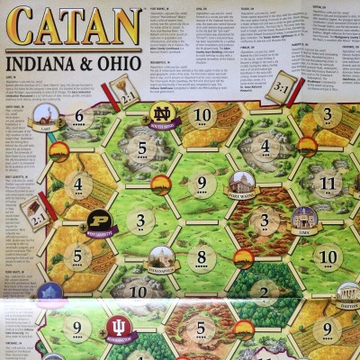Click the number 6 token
coord(79,116)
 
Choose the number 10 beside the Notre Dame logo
coord(203,115)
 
